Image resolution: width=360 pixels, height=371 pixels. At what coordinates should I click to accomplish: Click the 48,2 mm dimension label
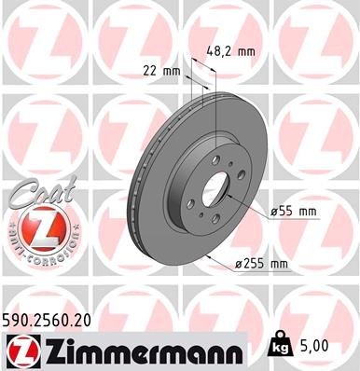click(x=232, y=52)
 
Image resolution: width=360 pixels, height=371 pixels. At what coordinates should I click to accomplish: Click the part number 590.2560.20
click(x=49, y=320)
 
